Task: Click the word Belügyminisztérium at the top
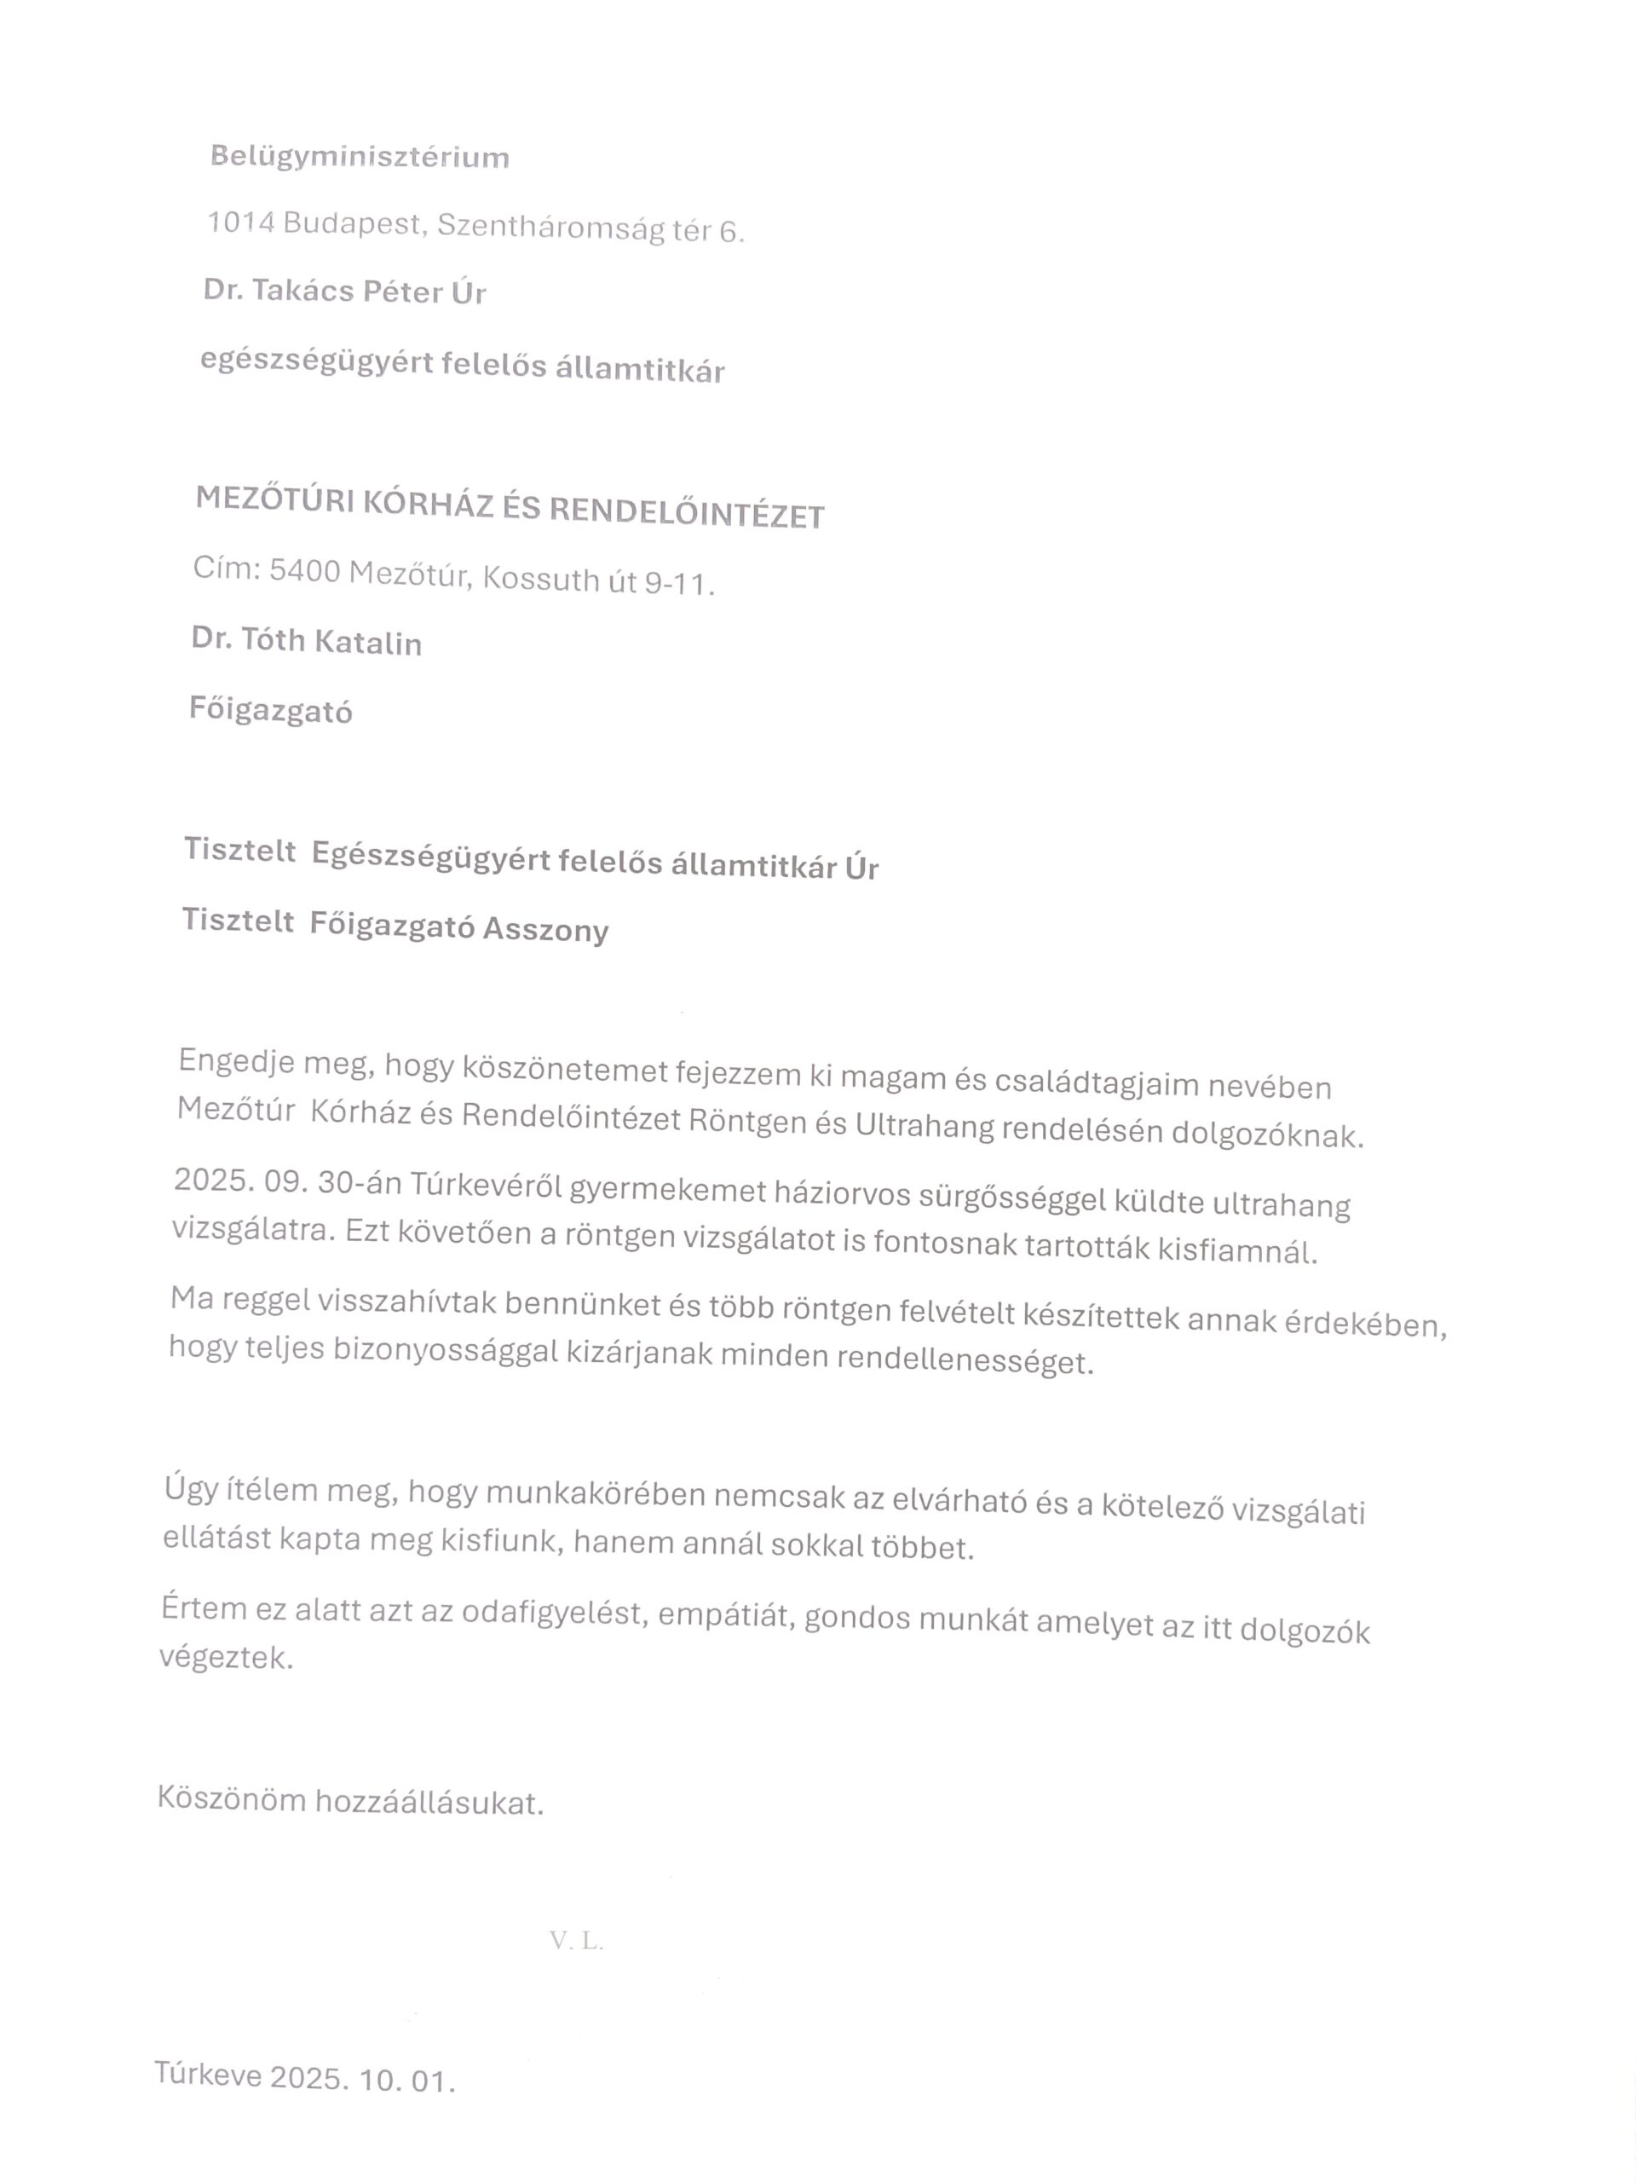pyautogui.click(x=359, y=157)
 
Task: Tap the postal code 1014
pyautogui.click(x=239, y=223)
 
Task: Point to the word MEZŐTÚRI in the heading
pyautogui.click(x=274, y=499)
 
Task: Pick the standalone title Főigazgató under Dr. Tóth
pyautogui.click(x=270, y=710)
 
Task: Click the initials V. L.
pyautogui.click(x=576, y=1940)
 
